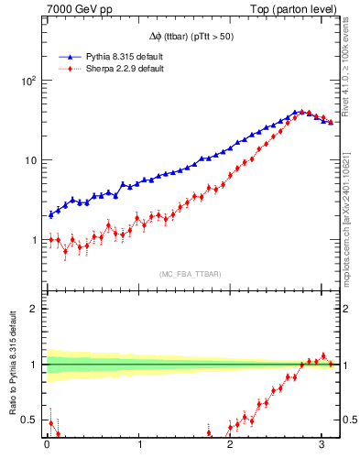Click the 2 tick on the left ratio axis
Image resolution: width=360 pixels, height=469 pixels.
tap(34, 309)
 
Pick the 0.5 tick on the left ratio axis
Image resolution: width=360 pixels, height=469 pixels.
tap(28, 420)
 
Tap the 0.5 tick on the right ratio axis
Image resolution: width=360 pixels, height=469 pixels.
tap(347, 420)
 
